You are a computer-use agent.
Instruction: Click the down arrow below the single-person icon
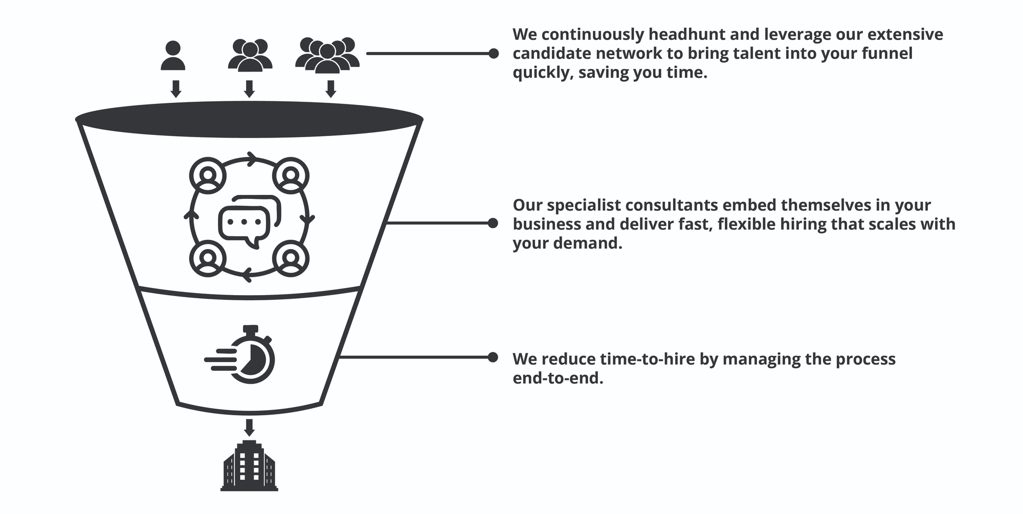click(x=175, y=88)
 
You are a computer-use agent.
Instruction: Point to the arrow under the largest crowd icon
click(x=330, y=88)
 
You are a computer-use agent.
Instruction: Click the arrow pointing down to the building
click(x=249, y=427)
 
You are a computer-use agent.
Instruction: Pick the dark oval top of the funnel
click(x=249, y=120)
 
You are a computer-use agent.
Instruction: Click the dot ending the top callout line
click(x=494, y=53)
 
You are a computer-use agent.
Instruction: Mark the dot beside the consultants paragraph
click(x=493, y=223)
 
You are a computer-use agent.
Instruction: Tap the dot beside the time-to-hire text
click(x=493, y=357)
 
